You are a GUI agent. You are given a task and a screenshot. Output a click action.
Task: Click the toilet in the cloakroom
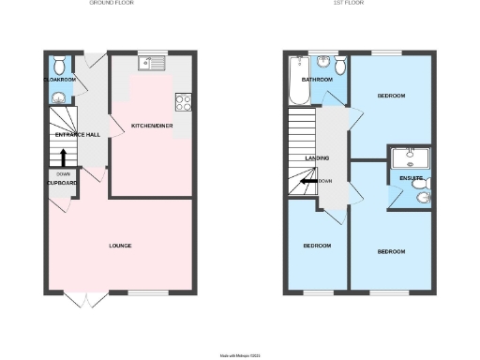tap(59, 65)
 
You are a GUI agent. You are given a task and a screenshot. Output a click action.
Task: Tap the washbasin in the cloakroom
tap(59, 96)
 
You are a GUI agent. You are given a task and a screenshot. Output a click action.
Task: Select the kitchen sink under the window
tap(150, 64)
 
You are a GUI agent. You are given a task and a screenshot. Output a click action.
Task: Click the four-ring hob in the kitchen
tap(184, 103)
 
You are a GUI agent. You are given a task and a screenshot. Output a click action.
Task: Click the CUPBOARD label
tap(62, 183)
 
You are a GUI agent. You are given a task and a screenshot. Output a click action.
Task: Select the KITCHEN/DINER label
tap(150, 125)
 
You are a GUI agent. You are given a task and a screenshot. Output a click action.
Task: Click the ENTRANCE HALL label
tap(78, 135)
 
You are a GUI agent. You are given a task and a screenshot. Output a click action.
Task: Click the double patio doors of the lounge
tap(90, 298)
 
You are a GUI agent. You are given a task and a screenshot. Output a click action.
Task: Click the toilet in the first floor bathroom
tap(339, 65)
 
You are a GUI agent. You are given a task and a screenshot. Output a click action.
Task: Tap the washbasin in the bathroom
tap(323, 64)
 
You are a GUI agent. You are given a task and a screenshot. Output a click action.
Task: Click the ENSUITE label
tap(412, 177)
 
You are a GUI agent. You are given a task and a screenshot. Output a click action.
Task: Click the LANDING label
tap(317, 158)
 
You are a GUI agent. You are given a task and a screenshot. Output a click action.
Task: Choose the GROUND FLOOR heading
tap(112, 4)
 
